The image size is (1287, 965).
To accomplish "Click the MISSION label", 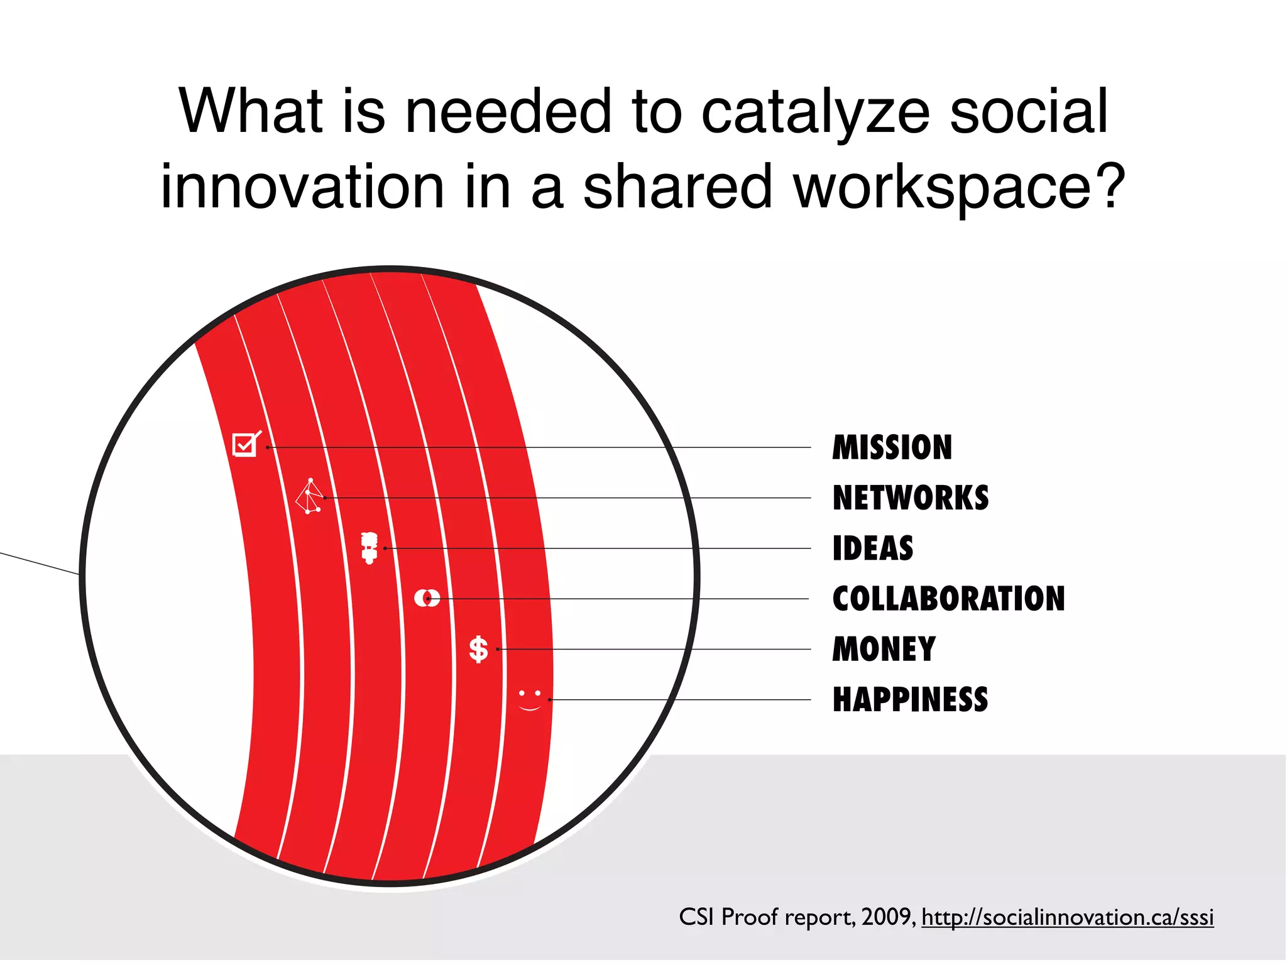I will click(892, 448).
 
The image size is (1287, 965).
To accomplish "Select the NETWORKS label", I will click(910, 498).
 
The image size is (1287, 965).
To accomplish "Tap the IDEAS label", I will click(872, 548).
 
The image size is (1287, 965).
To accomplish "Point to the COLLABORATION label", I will click(948, 599).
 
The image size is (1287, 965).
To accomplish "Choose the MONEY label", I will click(884, 650).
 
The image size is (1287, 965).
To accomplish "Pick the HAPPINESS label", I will click(910, 700).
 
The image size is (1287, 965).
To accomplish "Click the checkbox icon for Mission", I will click(246, 444).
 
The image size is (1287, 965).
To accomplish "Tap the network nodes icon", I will click(310, 497).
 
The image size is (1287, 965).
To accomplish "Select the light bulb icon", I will click(370, 548).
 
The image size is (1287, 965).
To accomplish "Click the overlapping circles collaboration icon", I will click(427, 598).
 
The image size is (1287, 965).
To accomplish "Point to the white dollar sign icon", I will click(479, 650).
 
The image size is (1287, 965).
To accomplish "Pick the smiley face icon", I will click(530, 701).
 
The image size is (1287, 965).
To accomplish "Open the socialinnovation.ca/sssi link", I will click(1067, 918).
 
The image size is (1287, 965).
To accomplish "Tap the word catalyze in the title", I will click(815, 112).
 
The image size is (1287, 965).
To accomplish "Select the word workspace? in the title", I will click(959, 187).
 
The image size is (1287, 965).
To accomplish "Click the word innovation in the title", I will click(302, 187).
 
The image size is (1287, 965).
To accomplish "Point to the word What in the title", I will click(251, 111).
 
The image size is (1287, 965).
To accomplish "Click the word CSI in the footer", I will click(696, 917).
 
